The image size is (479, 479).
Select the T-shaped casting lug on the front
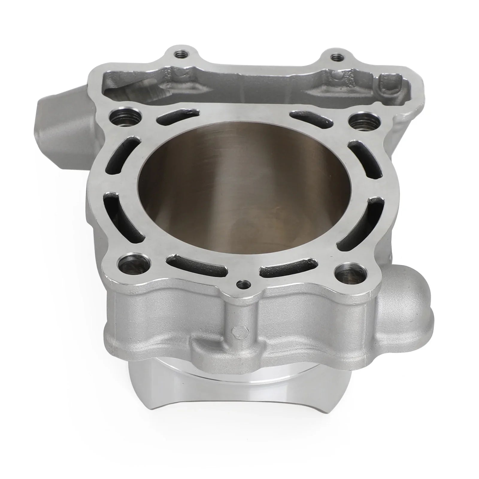[210, 350]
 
